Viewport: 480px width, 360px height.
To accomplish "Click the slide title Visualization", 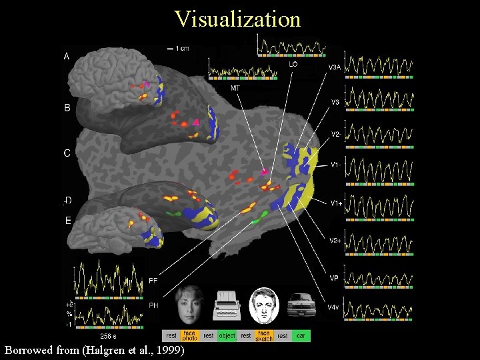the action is pyautogui.click(x=237, y=19).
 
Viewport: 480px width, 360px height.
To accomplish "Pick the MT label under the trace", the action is pyautogui.click(x=235, y=88).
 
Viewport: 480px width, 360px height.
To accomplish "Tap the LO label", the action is pyautogui.click(x=293, y=65).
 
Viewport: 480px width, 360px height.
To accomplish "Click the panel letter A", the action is pyautogui.click(x=67, y=57).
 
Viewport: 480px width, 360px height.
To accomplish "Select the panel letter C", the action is pyautogui.click(x=67, y=153).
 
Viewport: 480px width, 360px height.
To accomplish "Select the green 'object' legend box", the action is pyautogui.click(x=227, y=335).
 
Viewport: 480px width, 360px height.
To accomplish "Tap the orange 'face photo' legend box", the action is pyautogui.click(x=189, y=335).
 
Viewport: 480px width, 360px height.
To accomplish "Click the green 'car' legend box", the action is pyautogui.click(x=301, y=335).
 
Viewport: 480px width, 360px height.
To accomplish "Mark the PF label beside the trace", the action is pyautogui.click(x=153, y=280).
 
